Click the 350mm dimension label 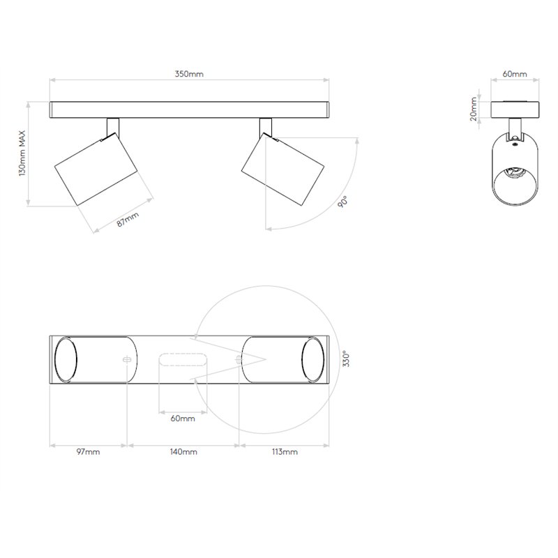pos(189,74)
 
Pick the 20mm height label pos(474,110)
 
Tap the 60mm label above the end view pos(515,74)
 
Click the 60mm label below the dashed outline pos(183,418)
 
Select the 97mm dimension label pos(89,452)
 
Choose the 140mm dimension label pos(184,452)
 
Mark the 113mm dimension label pos(285,452)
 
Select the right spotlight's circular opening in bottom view pos(312,360)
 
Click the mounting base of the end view pos(515,110)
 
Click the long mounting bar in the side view pos(189,110)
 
